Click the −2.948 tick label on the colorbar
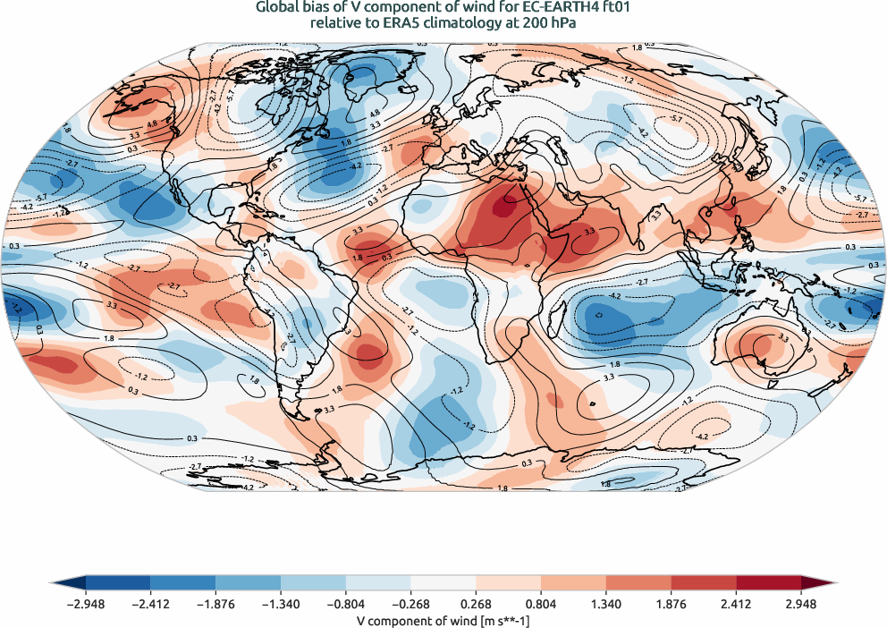click(87, 604)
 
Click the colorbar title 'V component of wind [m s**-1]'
click(443, 619)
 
